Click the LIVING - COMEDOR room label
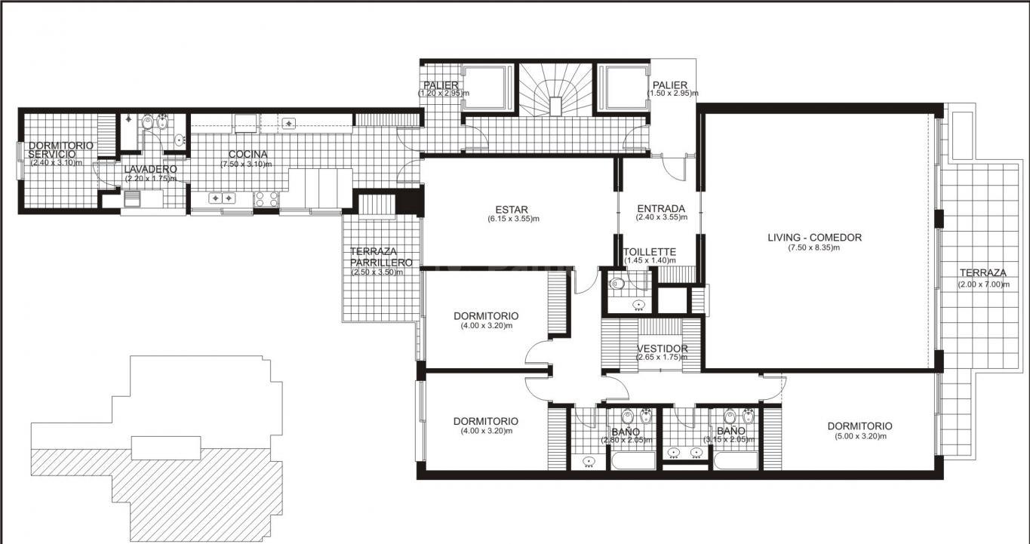click(814, 238)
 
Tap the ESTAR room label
click(512, 210)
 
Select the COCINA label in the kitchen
click(248, 155)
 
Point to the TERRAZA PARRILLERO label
click(381, 257)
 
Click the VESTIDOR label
click(663, 349)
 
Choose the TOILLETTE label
click(650, 252)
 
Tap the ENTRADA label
click(661, 209)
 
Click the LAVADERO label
click(150, 169)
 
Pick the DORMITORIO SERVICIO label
click(60, 150)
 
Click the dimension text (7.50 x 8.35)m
click(814, 248)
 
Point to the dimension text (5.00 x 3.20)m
click(860, 436)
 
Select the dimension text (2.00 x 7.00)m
click(983, 284)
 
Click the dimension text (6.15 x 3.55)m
click(513, 219)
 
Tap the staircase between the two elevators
click(555, 89)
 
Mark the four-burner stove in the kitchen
click(266, 199)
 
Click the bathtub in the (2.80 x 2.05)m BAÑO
click(632, 461)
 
